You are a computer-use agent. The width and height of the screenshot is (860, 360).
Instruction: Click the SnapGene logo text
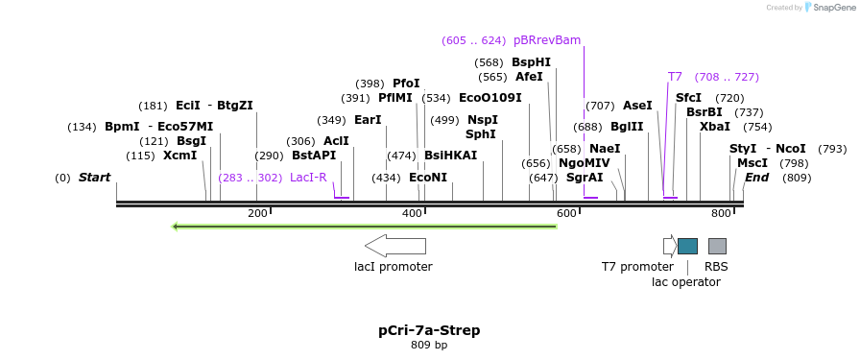click(830, 8)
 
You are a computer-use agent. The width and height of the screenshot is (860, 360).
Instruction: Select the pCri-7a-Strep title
click(429, 330)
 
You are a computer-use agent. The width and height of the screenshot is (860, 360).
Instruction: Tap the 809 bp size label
click(429, 345)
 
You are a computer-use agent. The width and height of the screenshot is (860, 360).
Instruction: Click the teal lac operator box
click(687, 246)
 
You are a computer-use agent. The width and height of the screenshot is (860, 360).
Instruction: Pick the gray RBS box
click(717, 246)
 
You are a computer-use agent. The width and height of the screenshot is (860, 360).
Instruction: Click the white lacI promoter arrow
click(395, 246)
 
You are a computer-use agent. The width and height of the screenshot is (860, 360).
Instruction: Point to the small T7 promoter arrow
click(669, 246)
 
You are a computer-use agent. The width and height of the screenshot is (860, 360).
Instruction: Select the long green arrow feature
click(364, 227)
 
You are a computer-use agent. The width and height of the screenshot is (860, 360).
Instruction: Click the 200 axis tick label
click(257, 213)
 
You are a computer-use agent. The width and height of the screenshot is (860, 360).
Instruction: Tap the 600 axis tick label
click(566, 213)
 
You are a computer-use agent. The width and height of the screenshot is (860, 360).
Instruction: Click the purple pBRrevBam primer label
click(547, 40)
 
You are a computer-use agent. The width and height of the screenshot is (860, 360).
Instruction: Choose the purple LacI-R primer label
click(308, 178)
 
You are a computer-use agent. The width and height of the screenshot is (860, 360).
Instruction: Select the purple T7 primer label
click(675, 77)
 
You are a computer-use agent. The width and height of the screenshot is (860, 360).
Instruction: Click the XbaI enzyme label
click(714, 127)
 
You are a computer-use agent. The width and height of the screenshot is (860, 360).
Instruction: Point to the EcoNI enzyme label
click(428, 178)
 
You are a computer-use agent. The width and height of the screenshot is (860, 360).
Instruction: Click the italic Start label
click(94, 178)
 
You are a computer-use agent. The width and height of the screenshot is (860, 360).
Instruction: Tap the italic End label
click(756, 178)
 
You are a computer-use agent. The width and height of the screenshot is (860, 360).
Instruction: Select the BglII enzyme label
click(627, 127)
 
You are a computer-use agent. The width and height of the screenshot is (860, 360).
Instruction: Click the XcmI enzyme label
click(179, 156)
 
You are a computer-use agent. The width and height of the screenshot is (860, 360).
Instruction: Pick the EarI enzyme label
click(368, 120)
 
